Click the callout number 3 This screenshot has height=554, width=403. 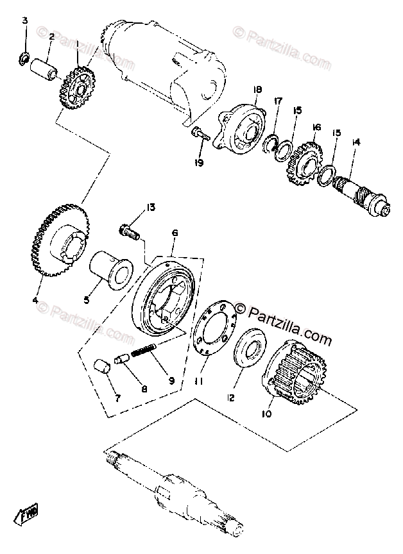pyautogui.click(x=25, y=21)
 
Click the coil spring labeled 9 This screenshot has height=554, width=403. pyautogui.click(x=150, y=352)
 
